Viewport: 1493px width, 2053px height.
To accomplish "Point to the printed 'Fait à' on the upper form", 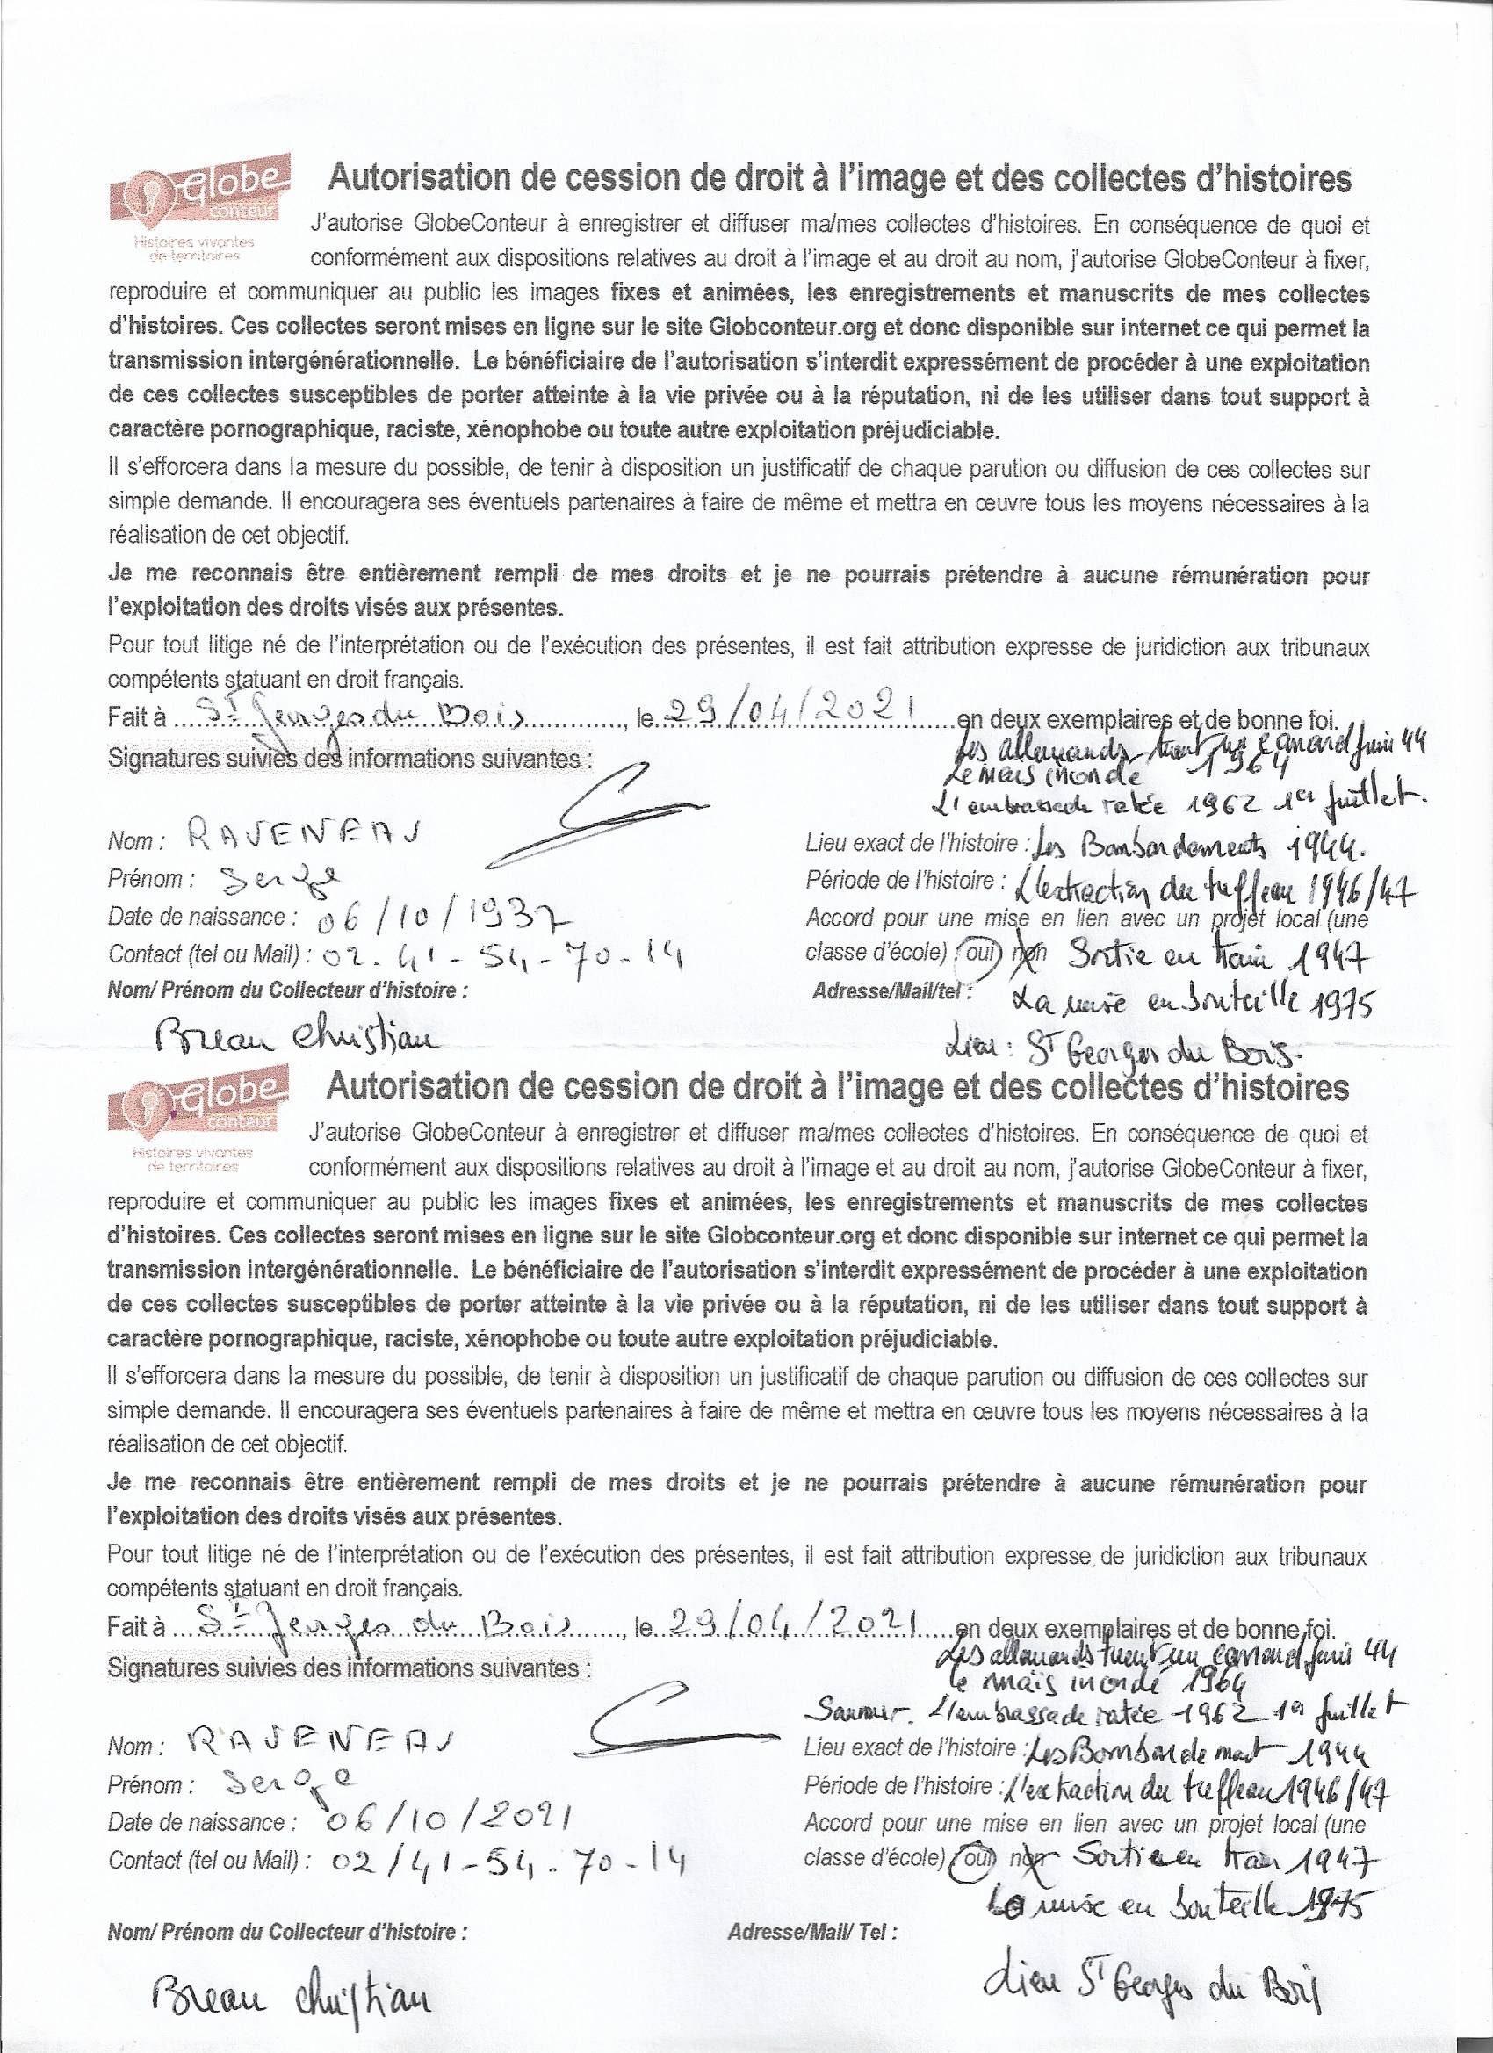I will (136, 719).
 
